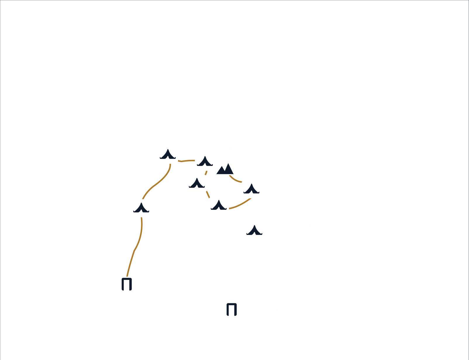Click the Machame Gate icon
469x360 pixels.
point(127,284)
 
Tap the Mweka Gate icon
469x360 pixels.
point(232,309)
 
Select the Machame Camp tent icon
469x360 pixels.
point(141,208)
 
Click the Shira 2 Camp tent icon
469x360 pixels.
point(168,155)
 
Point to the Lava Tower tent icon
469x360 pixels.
point(205,162)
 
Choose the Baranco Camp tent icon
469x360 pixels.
point(197,184)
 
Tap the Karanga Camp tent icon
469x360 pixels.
point(219,205)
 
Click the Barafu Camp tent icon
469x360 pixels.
point(251,189)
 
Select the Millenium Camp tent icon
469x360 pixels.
point(254,231)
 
